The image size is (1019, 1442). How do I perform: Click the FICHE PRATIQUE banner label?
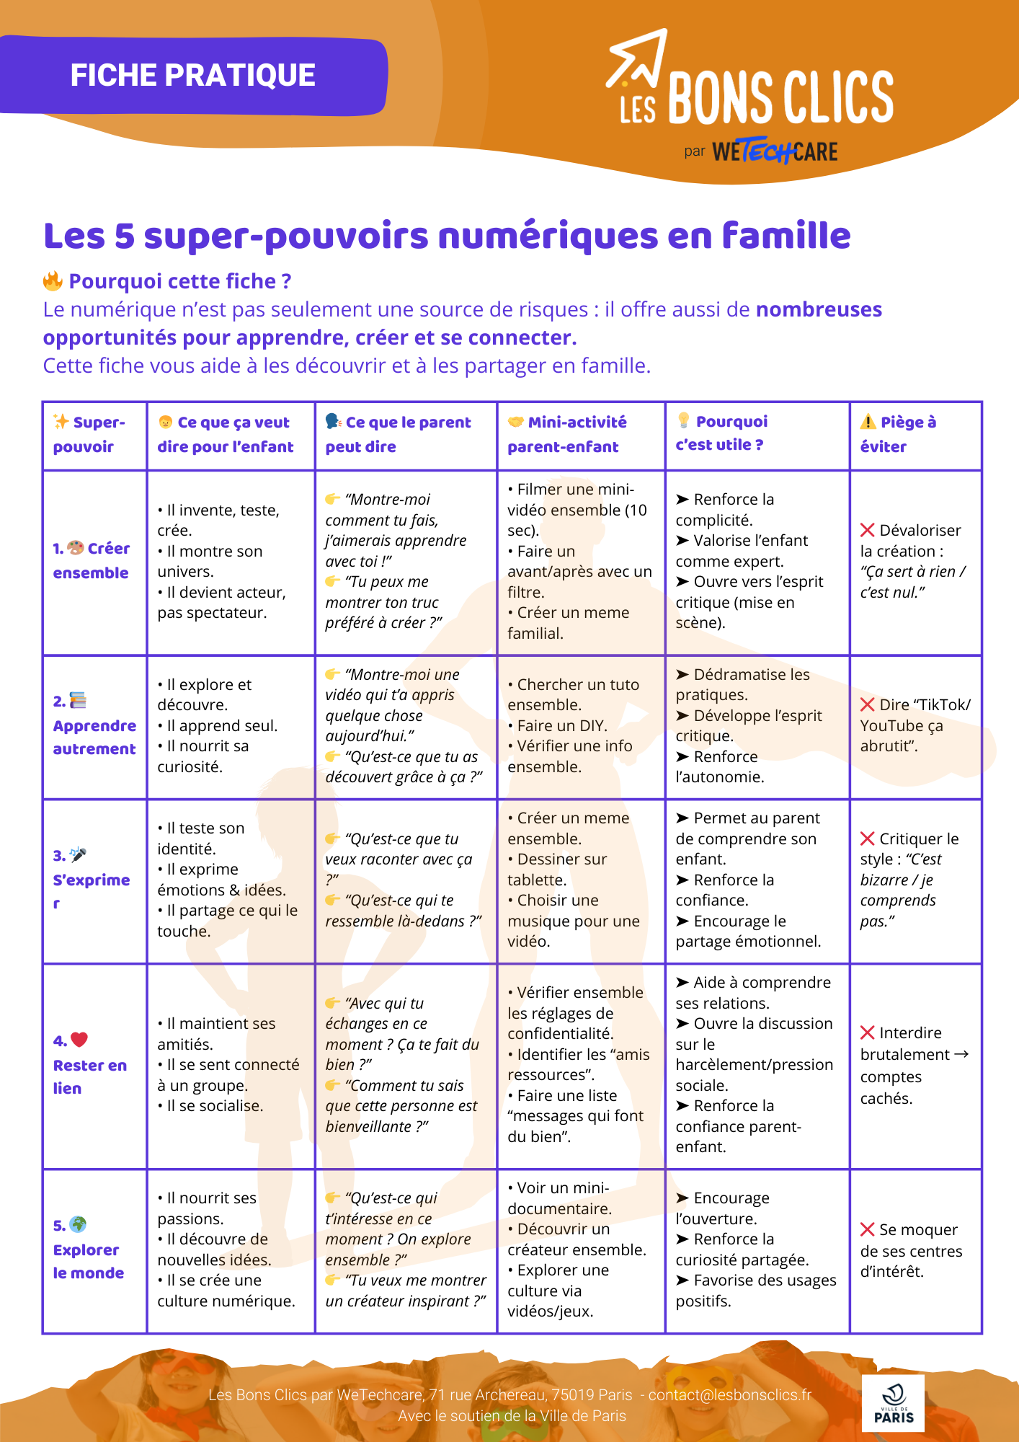[192, 75]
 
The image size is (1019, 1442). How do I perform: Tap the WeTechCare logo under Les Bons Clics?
[774, 151]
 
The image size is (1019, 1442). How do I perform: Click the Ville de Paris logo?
[893, 1402]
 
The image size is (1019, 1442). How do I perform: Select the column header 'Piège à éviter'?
[898, 434]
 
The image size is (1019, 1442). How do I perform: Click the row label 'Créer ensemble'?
[92, 560]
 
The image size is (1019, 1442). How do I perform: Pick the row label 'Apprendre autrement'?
[94, 737]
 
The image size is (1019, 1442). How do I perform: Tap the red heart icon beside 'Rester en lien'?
[79, 1040]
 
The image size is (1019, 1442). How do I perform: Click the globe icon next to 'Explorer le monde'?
[78, 1224]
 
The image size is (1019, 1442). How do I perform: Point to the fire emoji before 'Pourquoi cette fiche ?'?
[53, 280]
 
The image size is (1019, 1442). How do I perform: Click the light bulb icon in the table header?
[683, 421]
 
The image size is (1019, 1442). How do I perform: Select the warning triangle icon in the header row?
[868, 422]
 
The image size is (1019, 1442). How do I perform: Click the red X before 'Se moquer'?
[868, 1229]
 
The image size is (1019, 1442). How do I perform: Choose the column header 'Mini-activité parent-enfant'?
[567, 434]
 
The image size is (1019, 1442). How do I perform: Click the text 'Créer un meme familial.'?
[569, 622]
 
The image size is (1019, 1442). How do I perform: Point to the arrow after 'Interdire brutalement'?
[961, 1054]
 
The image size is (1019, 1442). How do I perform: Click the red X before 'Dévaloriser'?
[868, 530]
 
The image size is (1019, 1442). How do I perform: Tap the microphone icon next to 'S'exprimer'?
[78, 855]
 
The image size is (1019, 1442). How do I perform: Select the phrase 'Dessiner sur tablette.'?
[557, 869]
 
